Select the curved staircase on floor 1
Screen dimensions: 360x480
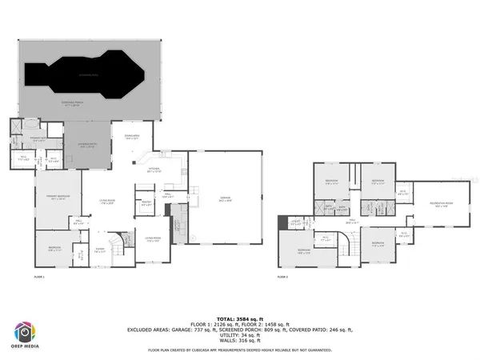pos(119,241)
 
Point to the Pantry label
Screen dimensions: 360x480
pos(146,203)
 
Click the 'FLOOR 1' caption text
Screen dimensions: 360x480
pos(39,277)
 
